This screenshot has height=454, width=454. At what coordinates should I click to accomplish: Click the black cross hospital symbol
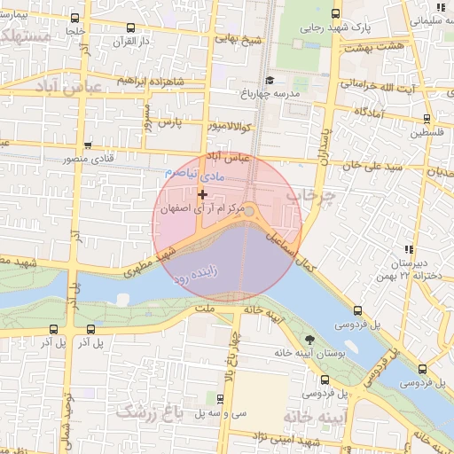[203, 194]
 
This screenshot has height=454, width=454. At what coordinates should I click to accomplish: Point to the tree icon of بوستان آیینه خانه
[309, 340]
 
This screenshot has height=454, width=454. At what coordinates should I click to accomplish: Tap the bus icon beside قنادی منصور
[87, 145]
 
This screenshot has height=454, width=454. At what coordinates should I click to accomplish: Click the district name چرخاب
[317, 197]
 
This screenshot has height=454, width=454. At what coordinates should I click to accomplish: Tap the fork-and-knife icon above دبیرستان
[408, 250]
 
